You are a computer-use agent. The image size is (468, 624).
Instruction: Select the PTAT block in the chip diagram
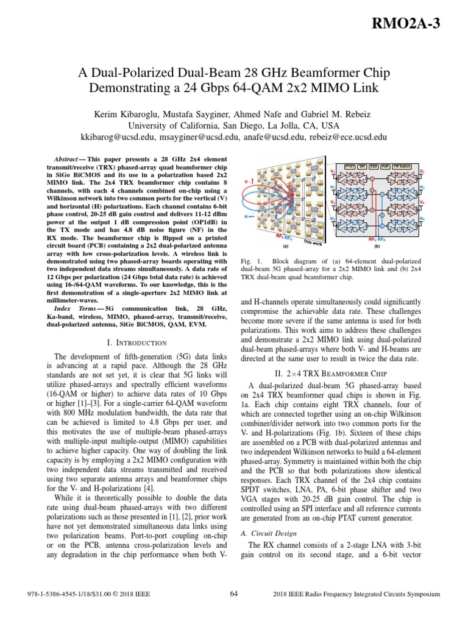pyautogui.click(x=350, y=166)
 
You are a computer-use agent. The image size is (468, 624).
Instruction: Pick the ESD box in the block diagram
pyautogui.click(x=374, y=166)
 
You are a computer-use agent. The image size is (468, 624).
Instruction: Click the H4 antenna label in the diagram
pyautogui.click(x=422, y=218)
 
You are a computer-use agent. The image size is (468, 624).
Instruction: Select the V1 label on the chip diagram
pyautogui.click(x=333, y=172)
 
